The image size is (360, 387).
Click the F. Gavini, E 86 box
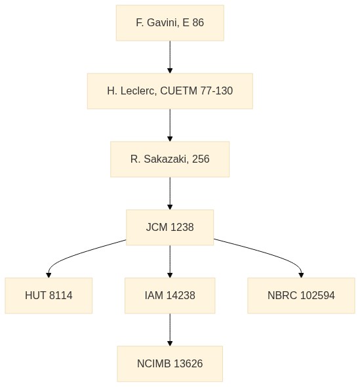point(170,23)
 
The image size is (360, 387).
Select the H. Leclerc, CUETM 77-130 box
point(170,91)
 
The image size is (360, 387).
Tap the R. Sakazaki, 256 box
point(170,159)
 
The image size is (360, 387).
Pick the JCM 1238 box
point(170,228)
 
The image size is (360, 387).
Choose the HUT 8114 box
point(49,295)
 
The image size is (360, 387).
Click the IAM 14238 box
point(170,295)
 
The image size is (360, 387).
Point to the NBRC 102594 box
point(301,295)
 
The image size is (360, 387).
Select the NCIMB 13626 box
point(170,364)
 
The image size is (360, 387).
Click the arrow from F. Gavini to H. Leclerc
point(170,57)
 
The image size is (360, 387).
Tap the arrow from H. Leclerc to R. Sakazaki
point(170,125)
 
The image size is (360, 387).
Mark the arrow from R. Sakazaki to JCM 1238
point(170,193)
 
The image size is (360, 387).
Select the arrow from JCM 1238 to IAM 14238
point(170,262)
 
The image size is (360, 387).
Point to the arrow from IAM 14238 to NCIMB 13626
point(170,330)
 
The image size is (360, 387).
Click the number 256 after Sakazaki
point(201,159)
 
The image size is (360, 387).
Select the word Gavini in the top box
point(163,23)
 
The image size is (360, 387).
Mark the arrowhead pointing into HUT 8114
point(49,275)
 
